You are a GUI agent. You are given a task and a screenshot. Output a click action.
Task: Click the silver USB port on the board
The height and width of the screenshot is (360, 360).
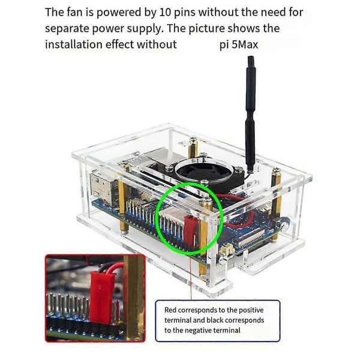coord(101,189)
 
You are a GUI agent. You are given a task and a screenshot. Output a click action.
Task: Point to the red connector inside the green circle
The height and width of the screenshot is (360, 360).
coord(191,232)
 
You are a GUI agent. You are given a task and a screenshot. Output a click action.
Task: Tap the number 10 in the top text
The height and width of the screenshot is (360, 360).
coord(165,12)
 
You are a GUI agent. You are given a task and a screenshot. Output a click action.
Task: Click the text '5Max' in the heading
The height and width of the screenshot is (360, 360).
coord(245,44)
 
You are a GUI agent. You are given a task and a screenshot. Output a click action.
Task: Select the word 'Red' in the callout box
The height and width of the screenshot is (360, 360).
coord(170,310)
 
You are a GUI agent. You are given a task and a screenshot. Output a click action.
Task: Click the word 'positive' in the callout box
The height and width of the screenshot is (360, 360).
coord(251,310)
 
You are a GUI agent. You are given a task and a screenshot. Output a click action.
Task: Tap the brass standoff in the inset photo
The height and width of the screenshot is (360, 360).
coord(134,298)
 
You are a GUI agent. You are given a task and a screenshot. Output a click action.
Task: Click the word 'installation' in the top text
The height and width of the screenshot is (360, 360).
coord(74,44)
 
